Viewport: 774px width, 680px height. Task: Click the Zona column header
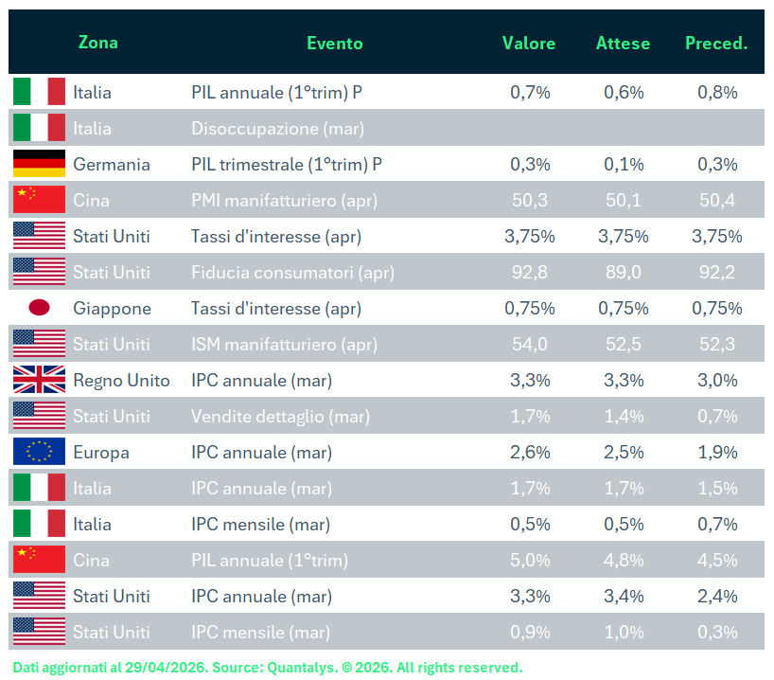click(98, 43)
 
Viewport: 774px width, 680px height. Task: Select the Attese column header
click(623, 44)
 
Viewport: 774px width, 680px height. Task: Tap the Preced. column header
click(716, 44)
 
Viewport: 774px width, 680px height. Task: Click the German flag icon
click(39, 164)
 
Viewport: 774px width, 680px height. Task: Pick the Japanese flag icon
click(39, 308)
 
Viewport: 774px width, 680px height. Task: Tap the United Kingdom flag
click(39, 380)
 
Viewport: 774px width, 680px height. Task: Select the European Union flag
click(39, 452)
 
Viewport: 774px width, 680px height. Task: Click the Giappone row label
click(112, 308)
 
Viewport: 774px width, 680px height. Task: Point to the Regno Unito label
click(121, 380)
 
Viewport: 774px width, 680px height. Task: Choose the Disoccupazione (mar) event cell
click(277, 128)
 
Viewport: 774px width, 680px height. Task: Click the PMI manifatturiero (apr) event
click(283, 200)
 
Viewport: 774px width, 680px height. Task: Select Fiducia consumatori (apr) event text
click(292, 272)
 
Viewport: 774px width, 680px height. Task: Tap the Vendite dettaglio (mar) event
click(280, 416)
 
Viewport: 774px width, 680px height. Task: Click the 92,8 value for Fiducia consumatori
click(530, 272)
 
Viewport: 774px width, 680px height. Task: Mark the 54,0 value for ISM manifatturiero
click(530, 344)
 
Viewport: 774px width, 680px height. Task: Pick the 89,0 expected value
click(624, 272)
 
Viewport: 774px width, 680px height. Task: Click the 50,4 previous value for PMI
click(717, 200)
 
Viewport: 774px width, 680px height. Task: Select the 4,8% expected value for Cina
click(624, 560)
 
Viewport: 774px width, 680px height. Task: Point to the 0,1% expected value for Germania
click(624, 164)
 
